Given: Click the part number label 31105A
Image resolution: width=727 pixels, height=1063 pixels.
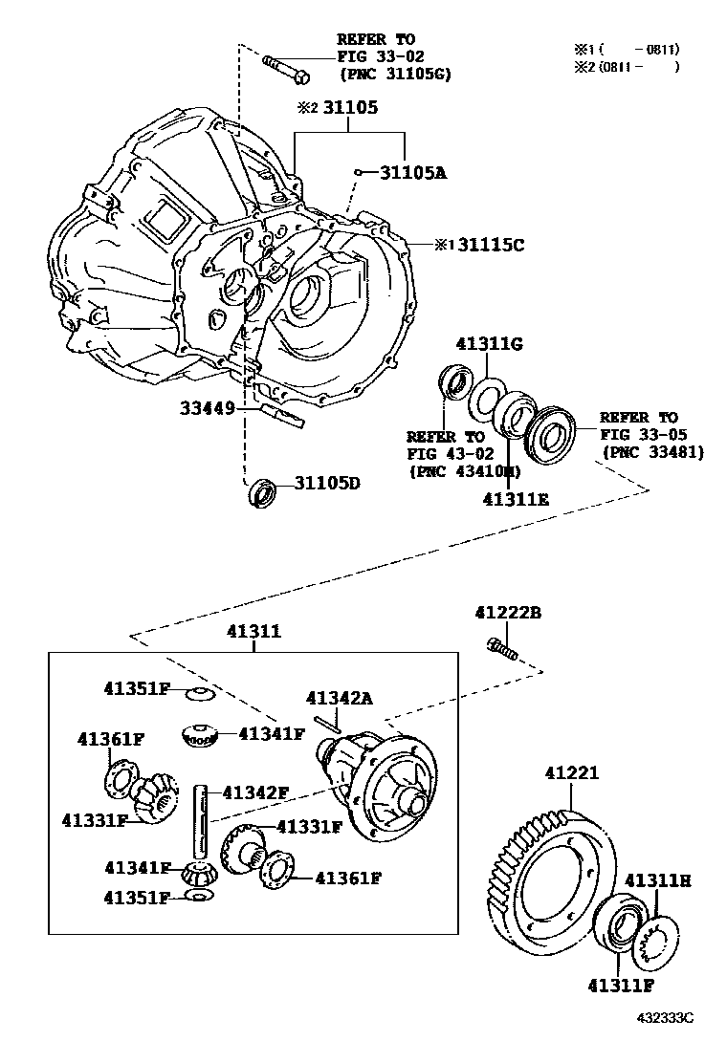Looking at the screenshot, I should point(413,173).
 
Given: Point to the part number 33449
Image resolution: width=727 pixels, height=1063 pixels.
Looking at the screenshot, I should point(207,408).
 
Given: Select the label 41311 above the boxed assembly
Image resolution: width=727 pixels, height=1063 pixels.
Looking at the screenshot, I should point(253,632).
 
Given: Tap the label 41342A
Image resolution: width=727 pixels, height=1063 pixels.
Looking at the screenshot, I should point(339,699).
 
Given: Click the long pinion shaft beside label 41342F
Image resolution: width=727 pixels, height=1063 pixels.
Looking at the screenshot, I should point(203,822).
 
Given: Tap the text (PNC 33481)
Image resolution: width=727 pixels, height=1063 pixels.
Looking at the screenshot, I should point(651,452).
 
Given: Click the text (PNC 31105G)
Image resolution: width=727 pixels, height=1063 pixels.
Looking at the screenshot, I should point(395,74).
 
